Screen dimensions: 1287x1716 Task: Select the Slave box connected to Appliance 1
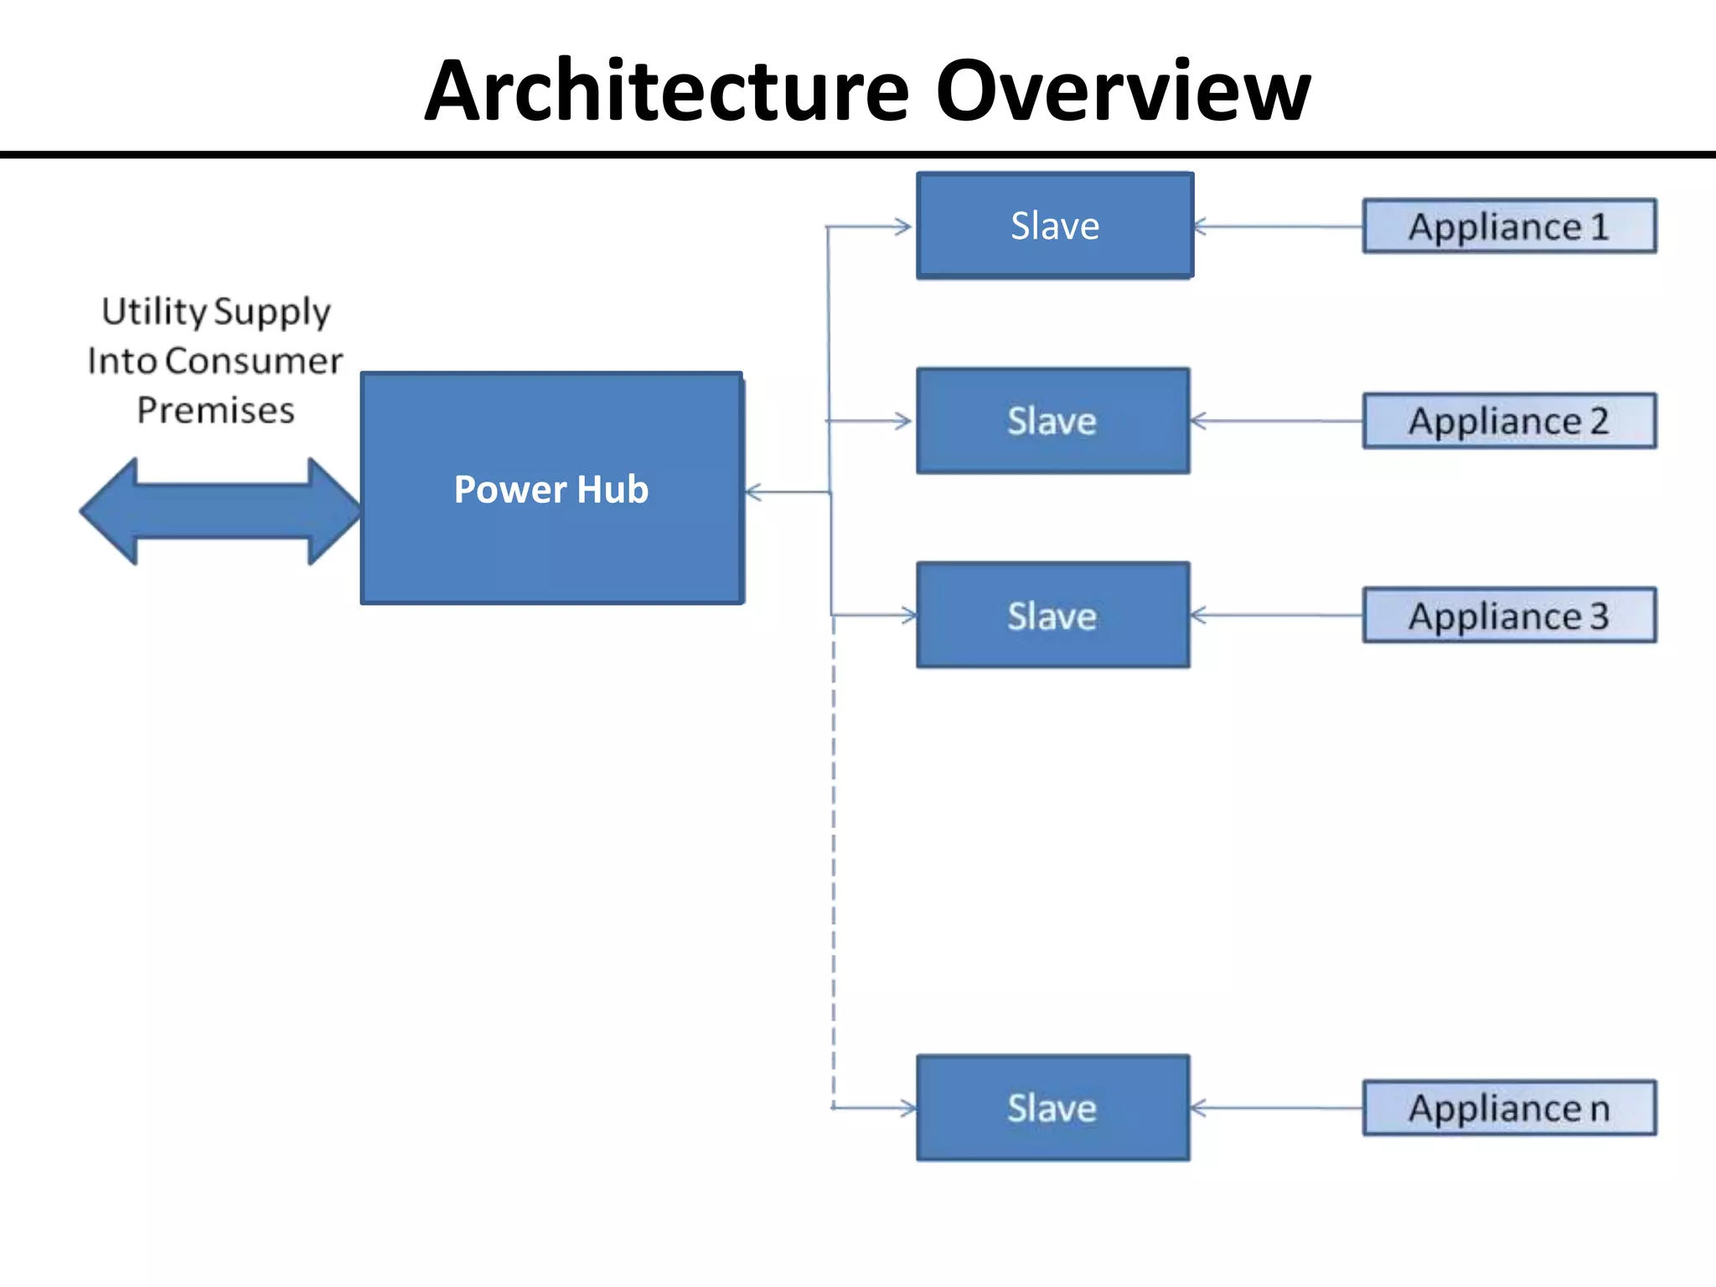(x=1054, y=225)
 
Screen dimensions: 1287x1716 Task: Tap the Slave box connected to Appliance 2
(x=1052, y=421)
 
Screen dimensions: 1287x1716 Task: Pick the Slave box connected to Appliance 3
(x=1052, y=616)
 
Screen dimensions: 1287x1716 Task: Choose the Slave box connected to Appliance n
(x=1052, y=1108)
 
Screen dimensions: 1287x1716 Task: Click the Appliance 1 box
(x=1508, y=226)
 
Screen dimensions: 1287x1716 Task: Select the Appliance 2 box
(x=1508, y=421)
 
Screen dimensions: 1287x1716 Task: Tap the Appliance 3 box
(x=1508, y=616)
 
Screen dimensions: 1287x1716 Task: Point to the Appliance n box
(x=1508, y=1108)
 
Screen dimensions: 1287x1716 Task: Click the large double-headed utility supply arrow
(x=220, y=510)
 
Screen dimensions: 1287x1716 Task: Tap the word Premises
(x=215, y=411)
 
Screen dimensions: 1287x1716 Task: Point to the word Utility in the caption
(x=153, y=311)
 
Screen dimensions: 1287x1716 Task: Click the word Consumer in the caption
(x=254, y=361)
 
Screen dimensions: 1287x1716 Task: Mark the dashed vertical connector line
(x=834, y=863)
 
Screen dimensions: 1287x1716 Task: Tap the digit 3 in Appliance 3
(x=1599, y=617)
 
